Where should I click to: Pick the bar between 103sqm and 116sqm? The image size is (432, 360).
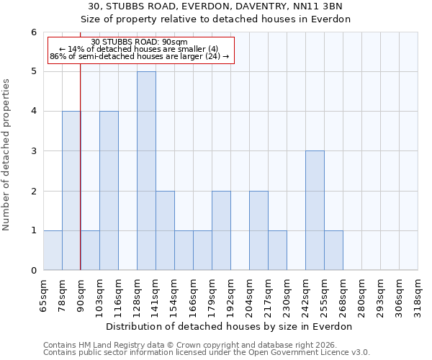tap(109, 191)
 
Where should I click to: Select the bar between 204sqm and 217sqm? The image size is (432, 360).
tap(258, 230)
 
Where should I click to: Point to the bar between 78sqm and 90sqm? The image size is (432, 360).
tap(71, 191)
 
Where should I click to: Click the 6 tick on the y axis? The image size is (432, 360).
tap(33, 32)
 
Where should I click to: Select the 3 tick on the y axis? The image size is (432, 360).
tap(33, 151)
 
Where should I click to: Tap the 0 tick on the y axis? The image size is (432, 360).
tap(33, 270)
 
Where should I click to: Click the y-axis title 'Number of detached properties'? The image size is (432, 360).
tap(7, 155)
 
